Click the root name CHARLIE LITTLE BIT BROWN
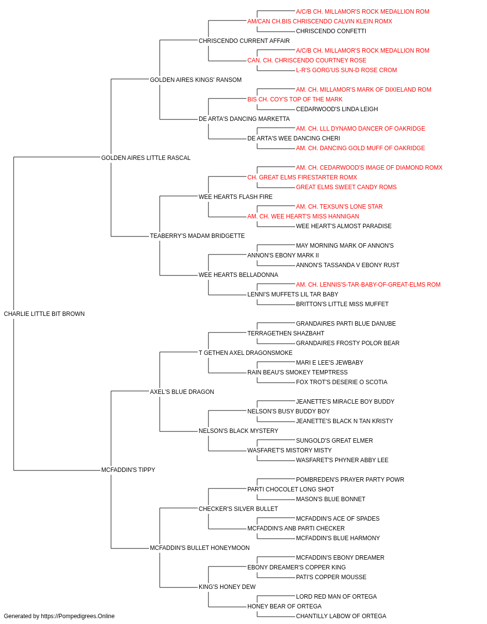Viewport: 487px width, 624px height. pyautogui.click(x=44, y=314)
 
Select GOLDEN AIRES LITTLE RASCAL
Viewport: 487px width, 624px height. pyautogui.click(x=146, y=158)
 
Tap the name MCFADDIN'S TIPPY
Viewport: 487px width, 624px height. pyautogui.click(x=128, y=470)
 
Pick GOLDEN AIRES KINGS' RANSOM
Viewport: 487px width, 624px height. pyautogui.click(x=196, y=80)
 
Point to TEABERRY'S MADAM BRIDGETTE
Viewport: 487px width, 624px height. pyautogui.click(x=197, y=236)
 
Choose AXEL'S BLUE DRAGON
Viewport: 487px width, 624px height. pyautogui.click(x=182, y=391)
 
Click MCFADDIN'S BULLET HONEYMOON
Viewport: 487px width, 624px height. pyautogui.click(x=200, y=548)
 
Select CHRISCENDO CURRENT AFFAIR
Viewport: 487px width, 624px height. pyautogui.click(x=244, y=41)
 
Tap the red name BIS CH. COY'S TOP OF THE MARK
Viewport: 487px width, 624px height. pyautogui.click(x=295, y=99)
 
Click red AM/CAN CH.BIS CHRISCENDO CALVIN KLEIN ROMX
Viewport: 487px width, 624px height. pyautogui.click(x=319, y=21)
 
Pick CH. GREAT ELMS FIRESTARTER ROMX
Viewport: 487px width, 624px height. pyautogui.click(x=302, y=177)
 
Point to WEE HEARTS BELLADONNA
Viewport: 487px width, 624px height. pyautogui.click(x=238, y=275)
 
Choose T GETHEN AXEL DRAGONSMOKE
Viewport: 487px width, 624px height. pyautogui.click(x=245, y=353)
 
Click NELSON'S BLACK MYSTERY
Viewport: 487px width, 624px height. pyautogui.click(x=238, y=431)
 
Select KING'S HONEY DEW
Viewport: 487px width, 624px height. pyautogui.click(x=227, y=587)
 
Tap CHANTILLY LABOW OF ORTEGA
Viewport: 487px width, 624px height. pyautogui.click(x=341, y=616)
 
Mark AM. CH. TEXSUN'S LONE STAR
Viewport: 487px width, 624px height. pyautogui.click(x=339, y=207)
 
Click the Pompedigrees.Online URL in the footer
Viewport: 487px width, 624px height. pyautogui.click(x=77, y=616)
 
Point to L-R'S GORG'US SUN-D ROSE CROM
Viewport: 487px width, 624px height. pyautogui.click(x=346, y=70)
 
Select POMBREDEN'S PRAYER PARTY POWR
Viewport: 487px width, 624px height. pyautogui.click(x=350, y=480)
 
